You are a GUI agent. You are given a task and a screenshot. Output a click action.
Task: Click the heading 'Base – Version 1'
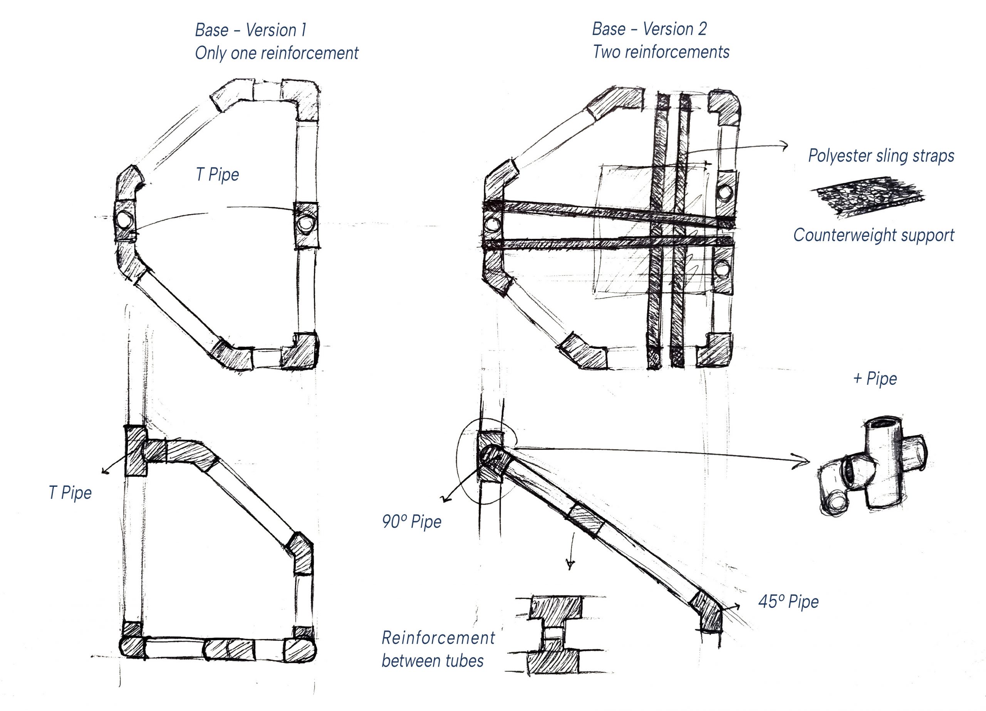coord(250,30)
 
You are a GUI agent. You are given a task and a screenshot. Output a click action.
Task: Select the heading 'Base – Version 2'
coord(649,29)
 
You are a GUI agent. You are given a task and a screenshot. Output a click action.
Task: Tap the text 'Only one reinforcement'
coord(277,53)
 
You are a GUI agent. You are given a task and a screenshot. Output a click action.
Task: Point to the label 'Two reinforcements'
coord(661,52)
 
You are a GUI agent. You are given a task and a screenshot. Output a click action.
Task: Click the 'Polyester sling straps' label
coord(881,156)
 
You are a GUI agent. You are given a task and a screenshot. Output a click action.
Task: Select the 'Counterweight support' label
coord(874,235)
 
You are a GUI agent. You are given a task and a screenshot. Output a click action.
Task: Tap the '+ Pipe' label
coord(875,378)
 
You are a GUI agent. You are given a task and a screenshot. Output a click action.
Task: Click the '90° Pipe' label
coord(411,521)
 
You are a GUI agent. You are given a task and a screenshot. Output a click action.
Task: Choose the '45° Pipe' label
coord(788,601)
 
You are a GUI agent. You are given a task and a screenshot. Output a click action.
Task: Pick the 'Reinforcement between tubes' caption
coord(438,649)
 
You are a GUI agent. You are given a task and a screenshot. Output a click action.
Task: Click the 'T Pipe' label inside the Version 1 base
coord(217,174)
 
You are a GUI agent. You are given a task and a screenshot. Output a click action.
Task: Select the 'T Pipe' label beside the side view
coord(70,493)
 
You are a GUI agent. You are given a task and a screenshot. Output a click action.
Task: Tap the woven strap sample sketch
coord(867,196)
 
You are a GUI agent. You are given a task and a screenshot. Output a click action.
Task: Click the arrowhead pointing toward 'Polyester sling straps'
coord(784,146)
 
